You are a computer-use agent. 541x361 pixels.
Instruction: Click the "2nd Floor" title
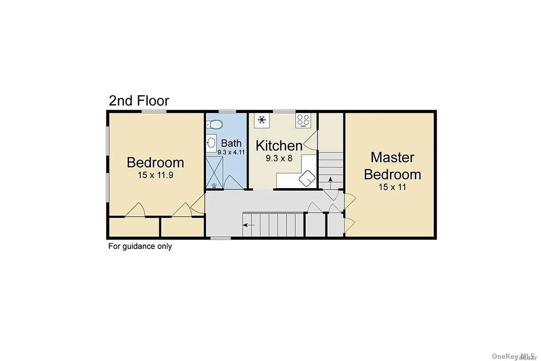pos(139,101)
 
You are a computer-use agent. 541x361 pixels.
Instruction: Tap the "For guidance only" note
pos(140,246)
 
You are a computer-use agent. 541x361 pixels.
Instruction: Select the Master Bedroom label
pos(392,166)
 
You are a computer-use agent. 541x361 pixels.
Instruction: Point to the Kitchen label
pos(279,146)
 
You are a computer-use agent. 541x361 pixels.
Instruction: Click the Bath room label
pos(231,143)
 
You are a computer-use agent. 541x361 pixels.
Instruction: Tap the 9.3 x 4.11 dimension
pos(231,152)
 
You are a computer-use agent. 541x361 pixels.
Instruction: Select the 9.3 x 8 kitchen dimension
pos(279,158)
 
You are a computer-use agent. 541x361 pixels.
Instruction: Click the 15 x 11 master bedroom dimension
pos(392,186)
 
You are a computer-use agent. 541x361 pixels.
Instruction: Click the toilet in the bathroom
pos(214,124)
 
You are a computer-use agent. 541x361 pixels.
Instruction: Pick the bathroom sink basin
pos(211,144)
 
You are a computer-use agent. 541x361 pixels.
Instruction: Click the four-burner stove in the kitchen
pos(303,120)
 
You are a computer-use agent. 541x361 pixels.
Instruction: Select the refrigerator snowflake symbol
pos(261,120)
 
